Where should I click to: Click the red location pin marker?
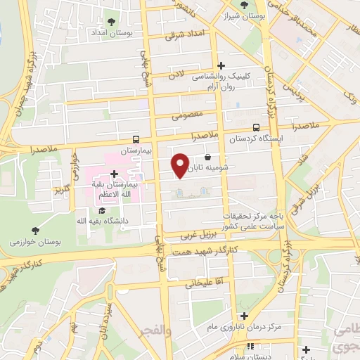point(181,165)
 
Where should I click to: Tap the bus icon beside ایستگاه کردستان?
point(256,128)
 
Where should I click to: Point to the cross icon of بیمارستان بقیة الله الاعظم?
point(114,173)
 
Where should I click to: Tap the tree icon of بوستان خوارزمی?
point(35,230)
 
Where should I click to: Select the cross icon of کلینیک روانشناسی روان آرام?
point(222,65)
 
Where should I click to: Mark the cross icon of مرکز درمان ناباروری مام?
point(243,316)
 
